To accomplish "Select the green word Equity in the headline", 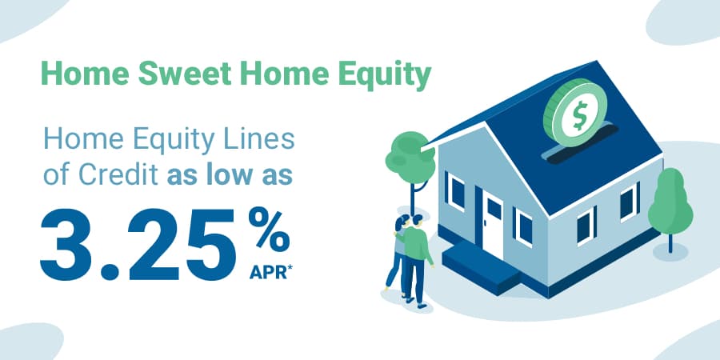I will pyautogui.click(x=386, y=77).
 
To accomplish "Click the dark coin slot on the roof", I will pyautogui.click(x=578, y=148).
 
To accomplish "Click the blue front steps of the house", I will pyautogui.click(x=478, y=265).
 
